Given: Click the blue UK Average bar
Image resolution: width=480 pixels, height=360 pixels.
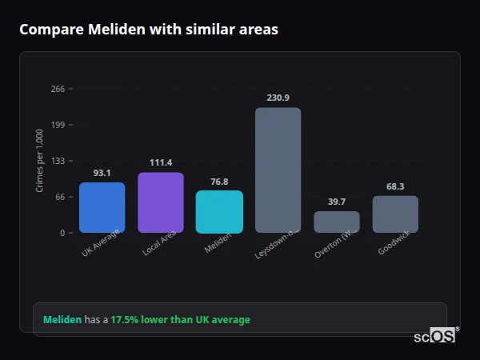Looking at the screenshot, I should coord(102,208).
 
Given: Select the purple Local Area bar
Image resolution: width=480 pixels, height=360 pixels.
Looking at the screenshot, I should coord(161,202).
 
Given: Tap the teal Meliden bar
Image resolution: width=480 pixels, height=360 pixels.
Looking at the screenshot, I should coord(219,211).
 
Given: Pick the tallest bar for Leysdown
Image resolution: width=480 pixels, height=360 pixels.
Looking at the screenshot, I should coord(278,170).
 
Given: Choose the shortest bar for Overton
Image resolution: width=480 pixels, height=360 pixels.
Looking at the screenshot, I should coord(337,222).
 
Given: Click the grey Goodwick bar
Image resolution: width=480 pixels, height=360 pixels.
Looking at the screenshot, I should coord(395,214).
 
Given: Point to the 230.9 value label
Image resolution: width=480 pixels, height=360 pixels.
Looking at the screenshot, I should coord(278,98).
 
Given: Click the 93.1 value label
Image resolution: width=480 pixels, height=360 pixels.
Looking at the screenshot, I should coord(102,173).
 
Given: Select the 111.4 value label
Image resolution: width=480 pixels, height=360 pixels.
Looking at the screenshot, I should coord(161,162).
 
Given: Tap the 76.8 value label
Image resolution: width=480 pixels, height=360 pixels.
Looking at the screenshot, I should coord(219,181).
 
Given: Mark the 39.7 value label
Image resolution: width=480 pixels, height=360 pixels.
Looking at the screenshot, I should coord(337,202).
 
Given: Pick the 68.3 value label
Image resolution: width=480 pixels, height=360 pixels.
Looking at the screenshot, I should coord(395,186).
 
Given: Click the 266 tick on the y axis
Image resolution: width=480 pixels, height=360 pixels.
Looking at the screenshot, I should coord(58,89).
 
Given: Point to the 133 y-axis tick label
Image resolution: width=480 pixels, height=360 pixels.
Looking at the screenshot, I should coord(58,161).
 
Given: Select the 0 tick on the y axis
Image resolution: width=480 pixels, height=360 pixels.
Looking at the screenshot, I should coord(62,233).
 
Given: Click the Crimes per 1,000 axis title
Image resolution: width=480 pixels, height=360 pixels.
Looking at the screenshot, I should coord(40,161).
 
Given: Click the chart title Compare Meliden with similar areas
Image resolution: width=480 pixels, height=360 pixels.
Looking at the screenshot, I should coord(149,30).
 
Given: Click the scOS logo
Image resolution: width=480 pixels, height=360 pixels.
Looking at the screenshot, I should coord(434,337).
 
